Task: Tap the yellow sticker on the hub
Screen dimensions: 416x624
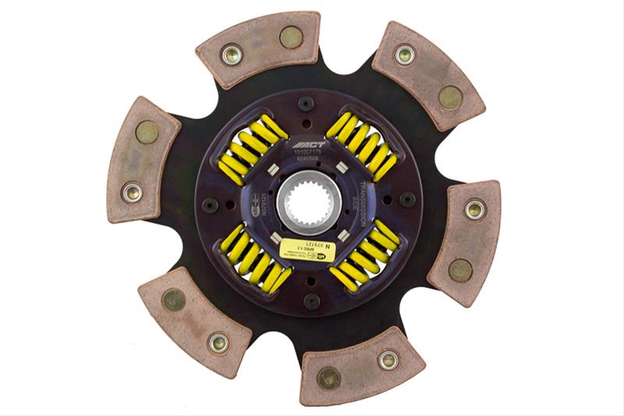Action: click(309, 250)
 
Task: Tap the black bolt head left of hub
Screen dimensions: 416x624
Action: click(210, 204)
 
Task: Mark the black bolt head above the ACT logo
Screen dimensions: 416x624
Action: click(306, 103)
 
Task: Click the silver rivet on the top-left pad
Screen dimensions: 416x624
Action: click(232, 54)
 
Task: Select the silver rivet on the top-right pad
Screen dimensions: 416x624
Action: click(404, 54)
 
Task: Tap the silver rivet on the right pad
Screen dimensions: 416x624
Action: click(474, 208)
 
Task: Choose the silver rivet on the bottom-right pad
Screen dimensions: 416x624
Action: click(388, 360)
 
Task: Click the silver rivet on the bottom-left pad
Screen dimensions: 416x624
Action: click(218, 342)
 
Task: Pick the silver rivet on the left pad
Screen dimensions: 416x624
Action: click(132, 191)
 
